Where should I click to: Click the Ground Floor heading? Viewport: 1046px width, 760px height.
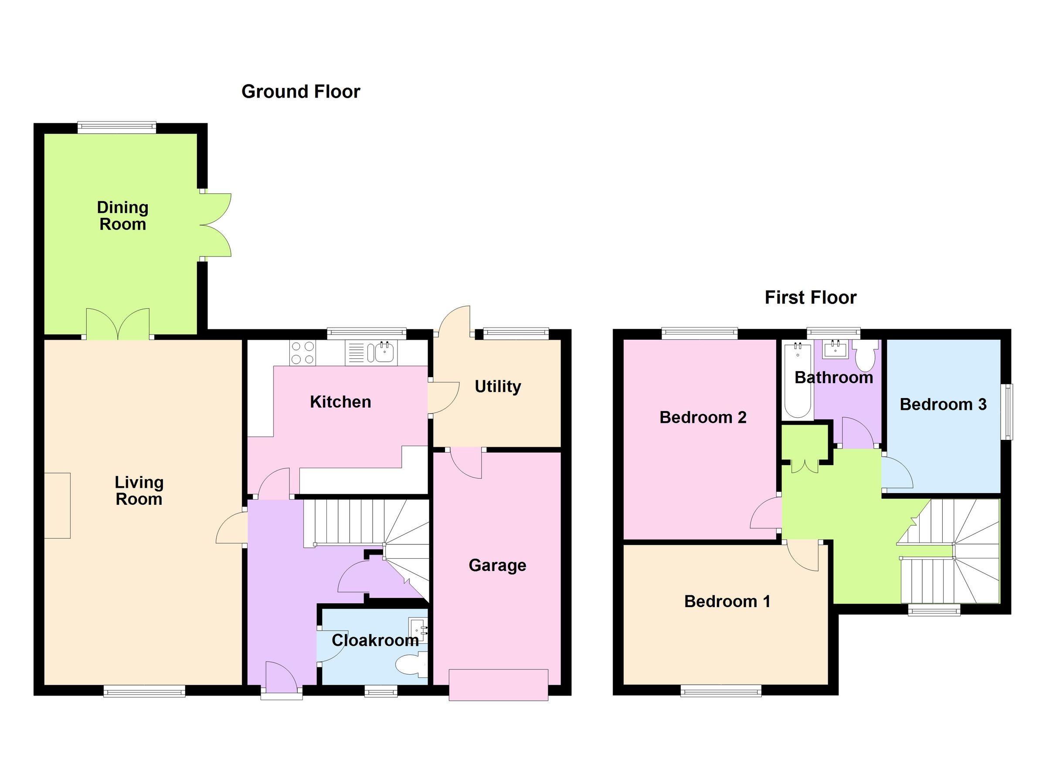(x=301, y=92)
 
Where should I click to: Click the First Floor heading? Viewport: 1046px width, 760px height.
(x=810, y=297)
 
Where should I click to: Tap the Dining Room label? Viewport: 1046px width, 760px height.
(x=122, y=216)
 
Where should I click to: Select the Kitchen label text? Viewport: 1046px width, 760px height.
(x=340, y=402)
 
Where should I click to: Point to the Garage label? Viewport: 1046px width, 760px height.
(x=497, y=565)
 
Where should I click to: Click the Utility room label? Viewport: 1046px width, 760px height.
(x=498, y=386)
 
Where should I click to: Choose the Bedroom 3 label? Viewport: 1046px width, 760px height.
(x=943, y=404)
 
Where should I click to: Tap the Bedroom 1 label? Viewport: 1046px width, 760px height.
(x=727, y=601)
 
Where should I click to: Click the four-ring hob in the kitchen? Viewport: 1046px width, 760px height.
(x=303, y=353)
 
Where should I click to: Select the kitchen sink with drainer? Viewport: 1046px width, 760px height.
(x=371, y=353)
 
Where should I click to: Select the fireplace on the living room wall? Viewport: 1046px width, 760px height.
(x=57, y=506)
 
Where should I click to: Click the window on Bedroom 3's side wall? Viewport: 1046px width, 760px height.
(x=1009, y=412)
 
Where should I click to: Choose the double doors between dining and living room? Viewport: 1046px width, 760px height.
(x=118, y=324)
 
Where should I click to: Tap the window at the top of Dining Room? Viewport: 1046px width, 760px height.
(x=117, y=127)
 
